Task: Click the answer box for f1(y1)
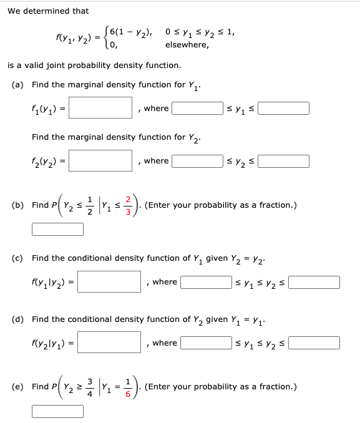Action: tap(105, 108)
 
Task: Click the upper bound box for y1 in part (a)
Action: tap(284, 109)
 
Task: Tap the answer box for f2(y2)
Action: tap(105, 160)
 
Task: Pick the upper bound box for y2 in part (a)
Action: tap(284, 161)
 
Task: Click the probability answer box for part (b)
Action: tap(57, 230)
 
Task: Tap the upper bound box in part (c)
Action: tap(314, 282)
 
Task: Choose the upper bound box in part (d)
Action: tap(314, 343)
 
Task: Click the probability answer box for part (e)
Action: tap(57, 411)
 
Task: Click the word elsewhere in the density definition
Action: tap(187, 45)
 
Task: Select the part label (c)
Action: tap(18, 257)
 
